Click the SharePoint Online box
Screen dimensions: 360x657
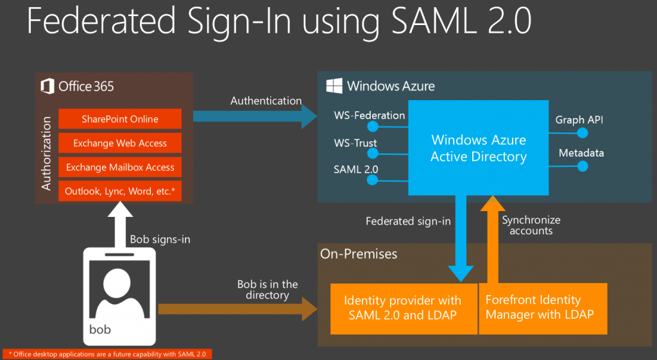point(120,119)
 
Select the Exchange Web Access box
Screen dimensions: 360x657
point(120,143)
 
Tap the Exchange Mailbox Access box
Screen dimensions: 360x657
point(120,167)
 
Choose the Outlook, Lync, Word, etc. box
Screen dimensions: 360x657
point(120,191)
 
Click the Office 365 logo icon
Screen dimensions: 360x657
point(47,86)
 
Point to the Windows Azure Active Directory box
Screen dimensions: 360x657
point(479,148)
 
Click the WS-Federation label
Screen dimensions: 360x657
point(369,116)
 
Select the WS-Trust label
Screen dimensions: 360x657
point(355,143)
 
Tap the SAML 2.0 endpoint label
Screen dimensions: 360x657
point(356,169)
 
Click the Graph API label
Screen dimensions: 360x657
point(579,119)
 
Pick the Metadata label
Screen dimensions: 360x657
point(581,153)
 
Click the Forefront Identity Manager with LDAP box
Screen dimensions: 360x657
point(543,307)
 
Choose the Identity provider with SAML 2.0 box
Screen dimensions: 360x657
point(404,307)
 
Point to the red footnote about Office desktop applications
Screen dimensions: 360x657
point(107,354)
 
